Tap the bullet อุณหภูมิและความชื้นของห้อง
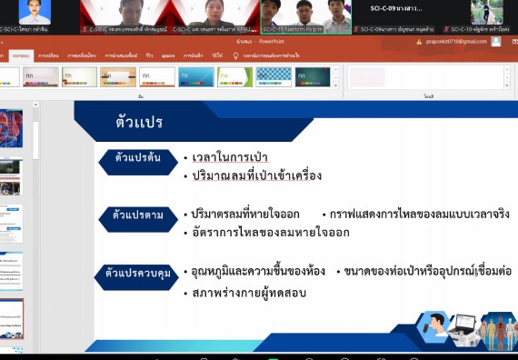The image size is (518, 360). (257, 272)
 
